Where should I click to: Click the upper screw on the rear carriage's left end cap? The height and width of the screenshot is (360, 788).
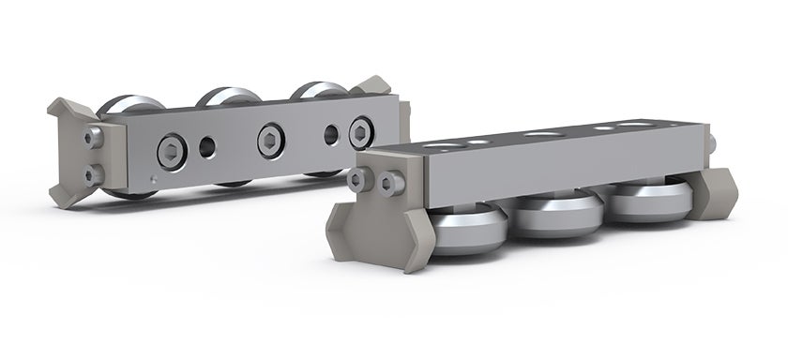pos(93,138)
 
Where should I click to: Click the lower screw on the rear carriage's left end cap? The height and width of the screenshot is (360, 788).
pos(93,173)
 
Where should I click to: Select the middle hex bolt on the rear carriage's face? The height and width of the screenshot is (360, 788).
pos(271,139)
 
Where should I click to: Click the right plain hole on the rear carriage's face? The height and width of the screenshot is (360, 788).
pos(330,134)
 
